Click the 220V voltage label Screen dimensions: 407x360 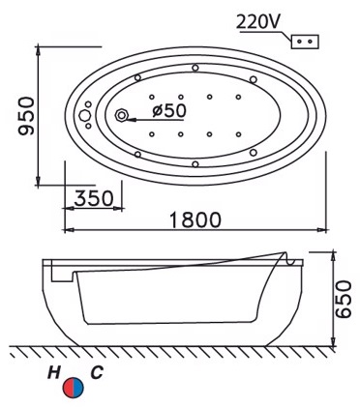tap(258, 18)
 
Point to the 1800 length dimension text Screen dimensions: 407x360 tap(192, 219)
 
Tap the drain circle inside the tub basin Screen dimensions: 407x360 tap(123, 116)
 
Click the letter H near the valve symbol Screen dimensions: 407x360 tap(61, 371)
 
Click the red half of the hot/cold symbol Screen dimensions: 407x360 tap(68, 389)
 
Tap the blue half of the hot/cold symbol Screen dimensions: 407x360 tap(78, 389)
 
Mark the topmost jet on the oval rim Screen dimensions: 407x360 tap(196, 68)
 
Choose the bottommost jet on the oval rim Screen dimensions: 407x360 tap(196, 164)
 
